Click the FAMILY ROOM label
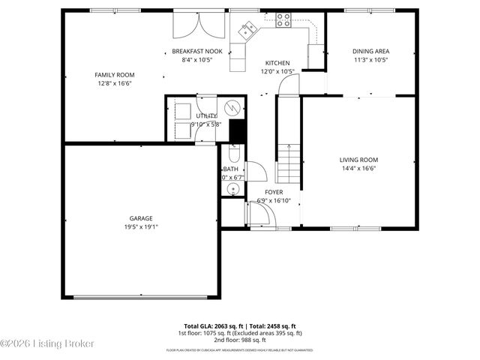114,75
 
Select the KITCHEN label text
277,63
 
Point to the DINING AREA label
370,51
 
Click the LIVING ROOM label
358,160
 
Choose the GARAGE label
140,218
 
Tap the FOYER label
263,192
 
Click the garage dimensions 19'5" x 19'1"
140,226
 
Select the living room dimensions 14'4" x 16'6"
358,169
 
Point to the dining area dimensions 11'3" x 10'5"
370,59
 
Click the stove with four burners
283,20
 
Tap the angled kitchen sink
248,29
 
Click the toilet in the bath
232,155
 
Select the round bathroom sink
232,188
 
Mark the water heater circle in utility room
234,106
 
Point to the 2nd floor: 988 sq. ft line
240,340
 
